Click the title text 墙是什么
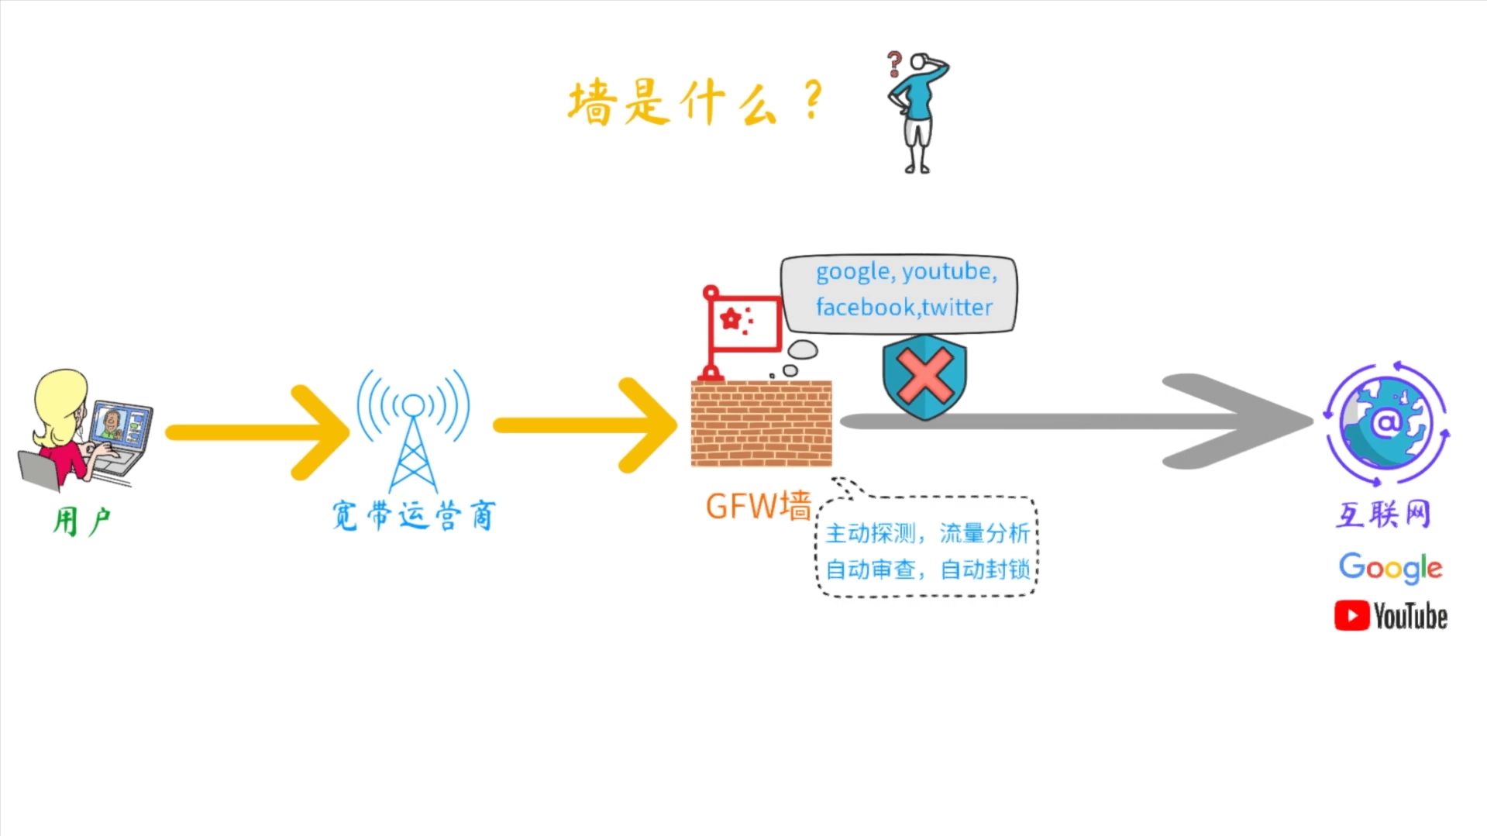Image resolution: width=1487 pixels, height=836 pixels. (x=673, y=103)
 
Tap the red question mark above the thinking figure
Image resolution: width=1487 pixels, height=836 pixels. (x=894, y=63)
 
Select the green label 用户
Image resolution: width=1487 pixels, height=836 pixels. (x=81, y=521)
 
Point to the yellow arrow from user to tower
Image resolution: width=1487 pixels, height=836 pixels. (x=256, y=432)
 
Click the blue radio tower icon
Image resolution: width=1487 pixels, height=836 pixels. (x=413, y=430)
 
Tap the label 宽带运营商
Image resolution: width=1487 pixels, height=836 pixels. (x=413, y=515)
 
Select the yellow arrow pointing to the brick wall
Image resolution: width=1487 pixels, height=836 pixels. (x=585, y=425)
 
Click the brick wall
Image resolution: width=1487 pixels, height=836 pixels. (x=761, y=424)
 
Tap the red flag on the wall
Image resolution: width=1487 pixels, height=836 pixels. (x=744, y=322)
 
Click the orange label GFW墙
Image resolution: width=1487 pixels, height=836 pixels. (x=757, y=506)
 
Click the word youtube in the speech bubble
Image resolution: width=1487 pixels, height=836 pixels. (x=947, y=271)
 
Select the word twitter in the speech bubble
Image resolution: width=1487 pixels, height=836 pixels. (x=957, y=308)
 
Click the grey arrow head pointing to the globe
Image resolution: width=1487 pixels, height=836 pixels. (x=1240, y=421)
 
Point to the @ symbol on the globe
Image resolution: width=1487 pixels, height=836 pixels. (x=1386, y=423)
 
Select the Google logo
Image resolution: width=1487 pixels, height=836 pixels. (x=1390, y=567)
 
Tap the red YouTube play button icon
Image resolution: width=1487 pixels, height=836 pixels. (x=1351, y=616)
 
